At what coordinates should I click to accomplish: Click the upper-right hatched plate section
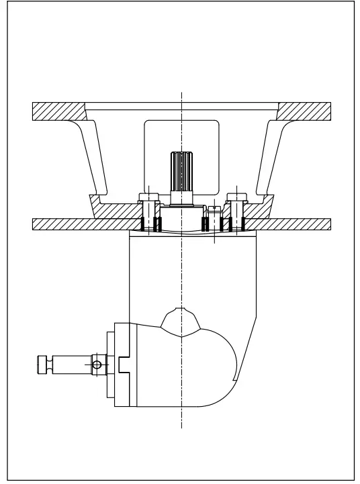point(304,111)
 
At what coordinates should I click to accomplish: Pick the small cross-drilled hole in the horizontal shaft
point(97,365)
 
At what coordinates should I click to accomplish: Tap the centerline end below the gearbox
point(181,426)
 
